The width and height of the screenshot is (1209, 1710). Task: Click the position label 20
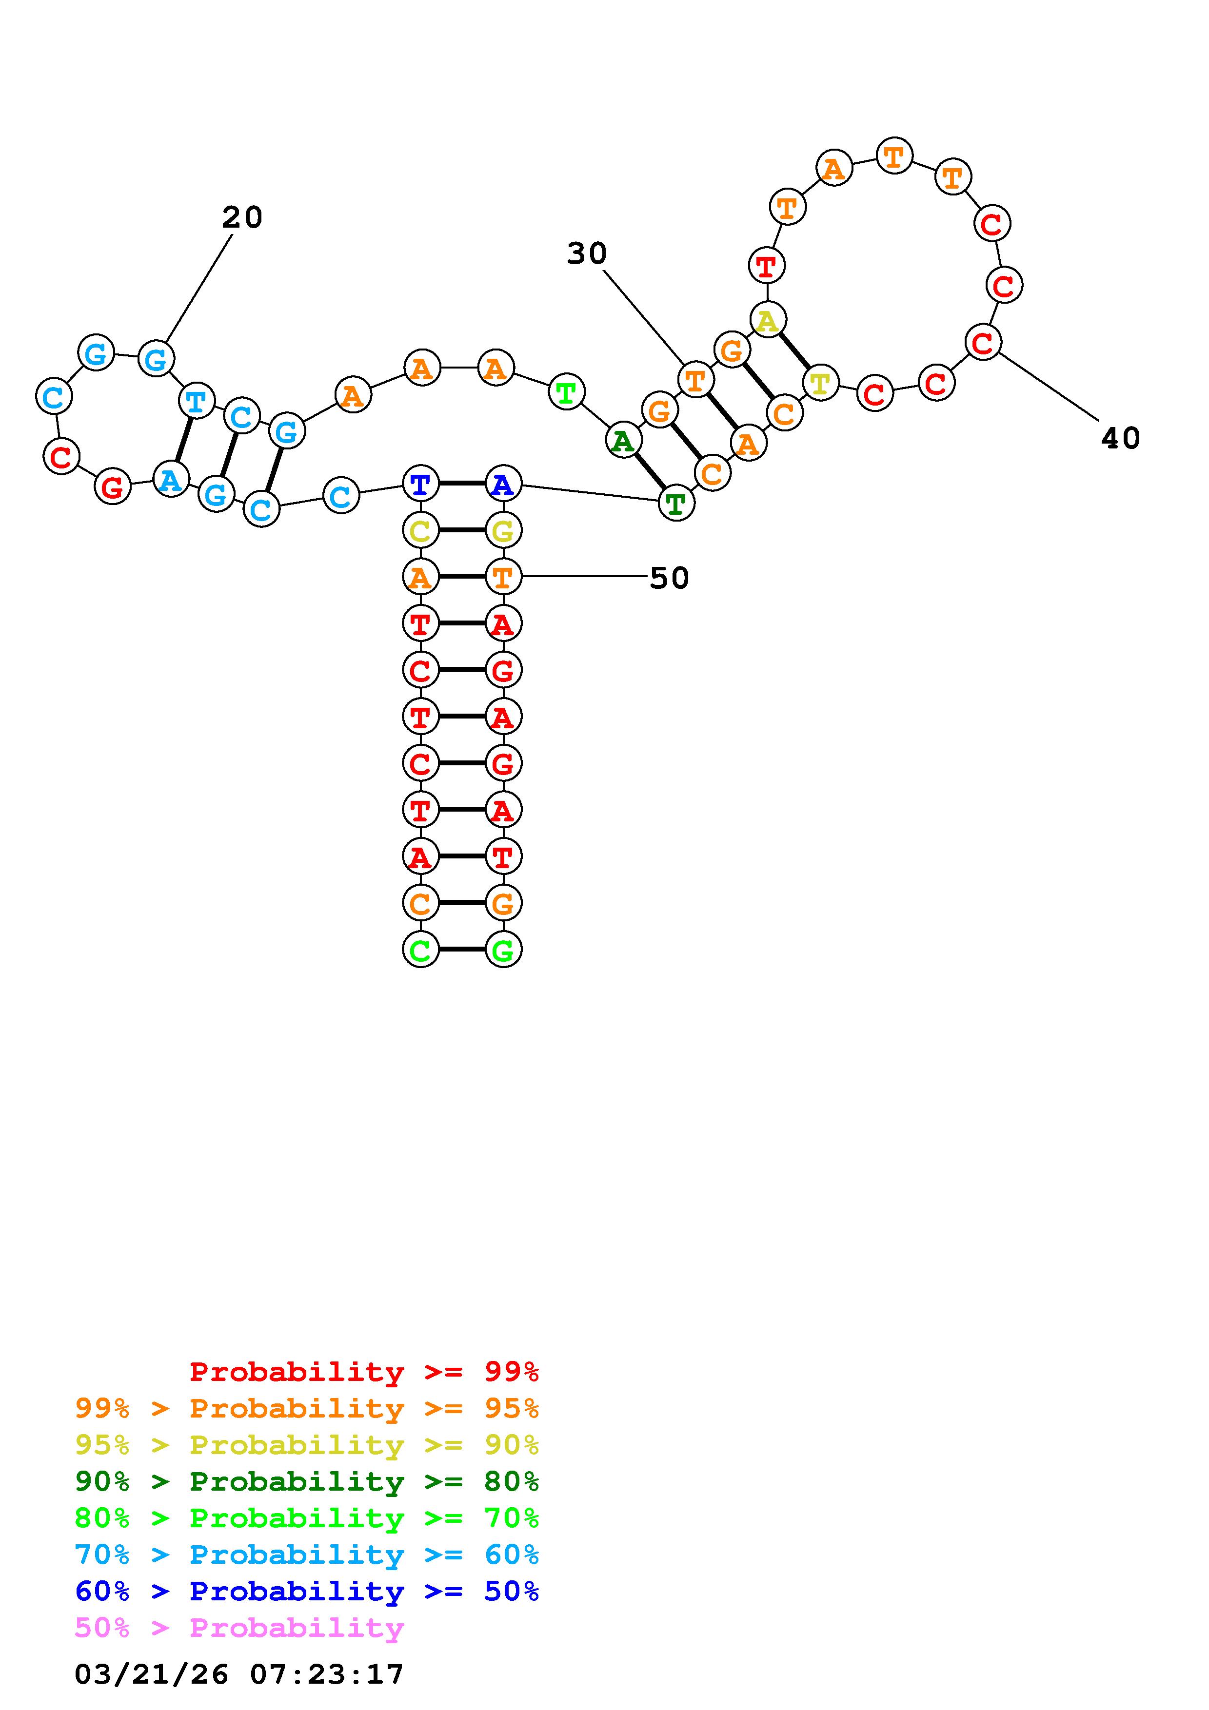coord(242,217)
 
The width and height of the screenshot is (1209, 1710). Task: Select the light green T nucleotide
coord(566,392)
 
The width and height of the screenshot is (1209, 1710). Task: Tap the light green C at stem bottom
coord(420,950)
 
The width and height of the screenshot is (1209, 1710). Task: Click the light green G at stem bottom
coord(503,950)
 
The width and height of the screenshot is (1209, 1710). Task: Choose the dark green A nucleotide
coord(623,441)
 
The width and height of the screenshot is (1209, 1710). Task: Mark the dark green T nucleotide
coord(675,504)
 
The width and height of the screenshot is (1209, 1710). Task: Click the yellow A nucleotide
coord(767,320)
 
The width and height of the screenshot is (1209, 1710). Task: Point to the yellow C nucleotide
coord(420,530)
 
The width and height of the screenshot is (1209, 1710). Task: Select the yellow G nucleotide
coord(503,530)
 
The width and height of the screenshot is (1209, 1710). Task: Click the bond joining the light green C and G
coord(462,950)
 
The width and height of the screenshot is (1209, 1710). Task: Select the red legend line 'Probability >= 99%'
coord(363,1371)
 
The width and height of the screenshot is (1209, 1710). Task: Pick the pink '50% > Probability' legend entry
coord(239,1627)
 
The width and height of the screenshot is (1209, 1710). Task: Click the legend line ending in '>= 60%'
coord(307,1555)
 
